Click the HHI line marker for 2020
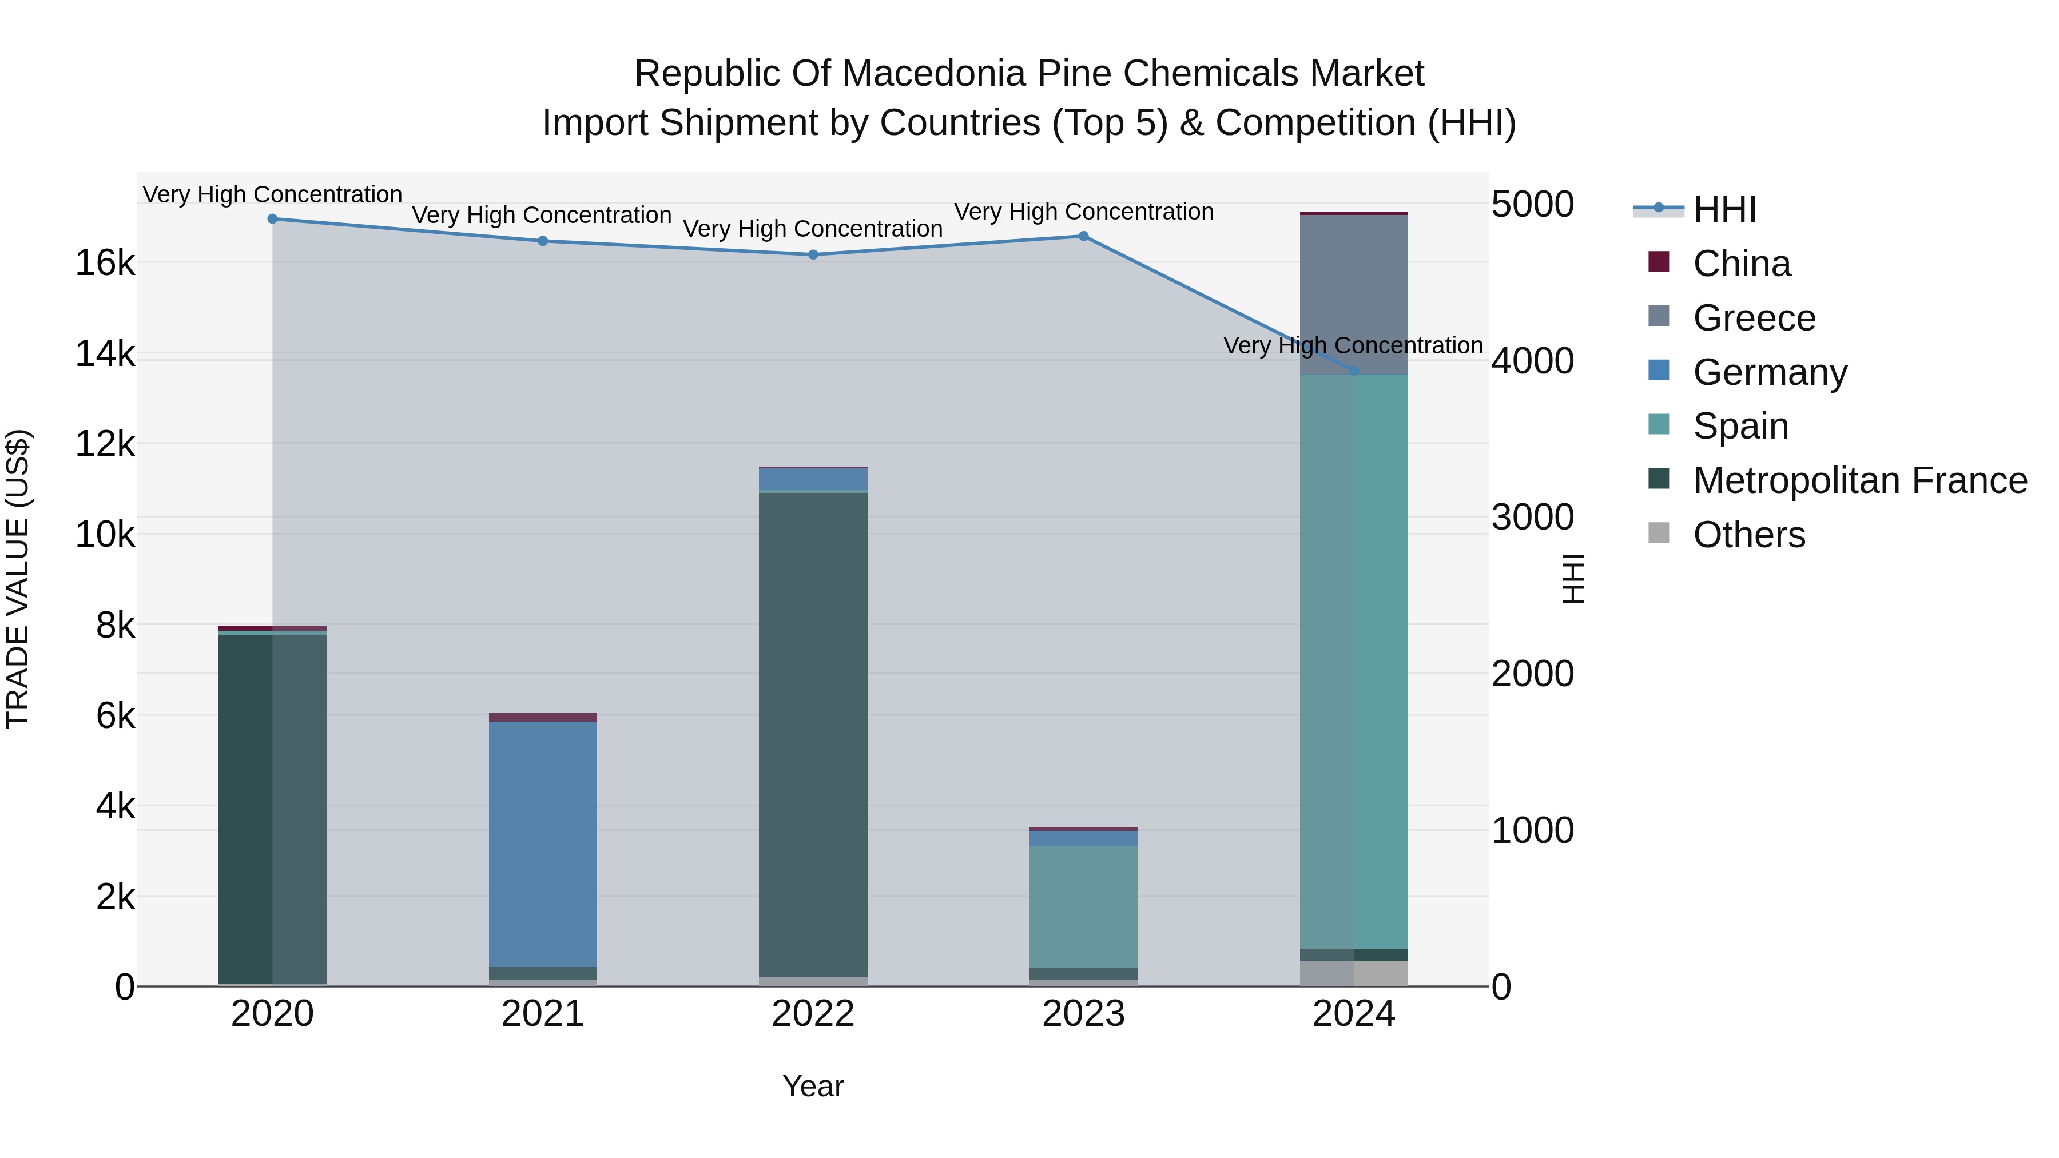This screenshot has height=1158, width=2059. pos(273,218)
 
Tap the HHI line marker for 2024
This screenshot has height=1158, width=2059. pos(1353,371)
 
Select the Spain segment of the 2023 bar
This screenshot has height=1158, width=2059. pos(1083,906)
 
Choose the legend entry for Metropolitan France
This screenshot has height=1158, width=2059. pos(1859,480)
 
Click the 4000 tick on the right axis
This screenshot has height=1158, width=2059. pos(1532,360)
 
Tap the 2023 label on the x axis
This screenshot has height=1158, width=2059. pos(1083,1014)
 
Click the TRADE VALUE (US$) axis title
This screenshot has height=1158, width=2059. pos(18,579)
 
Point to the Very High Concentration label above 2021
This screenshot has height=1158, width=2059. pos(542,215)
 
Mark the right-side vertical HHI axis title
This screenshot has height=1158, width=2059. pos(1572,579)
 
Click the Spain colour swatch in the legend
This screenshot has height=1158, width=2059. pos(1659,424)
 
